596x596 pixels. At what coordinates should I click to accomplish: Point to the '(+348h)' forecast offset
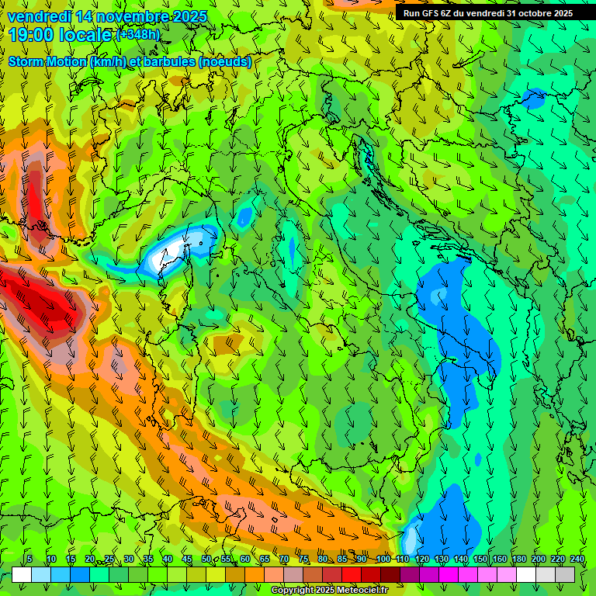coord(138,35)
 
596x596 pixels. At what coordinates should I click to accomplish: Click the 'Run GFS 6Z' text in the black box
coord(428,12)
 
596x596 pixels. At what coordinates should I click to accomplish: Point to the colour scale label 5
coord(29,559)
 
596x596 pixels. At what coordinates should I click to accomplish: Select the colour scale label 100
coord(383,559)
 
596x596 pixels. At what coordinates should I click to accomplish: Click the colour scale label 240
coord(577,559)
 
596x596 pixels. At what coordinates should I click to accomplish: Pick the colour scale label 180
coord(518,559)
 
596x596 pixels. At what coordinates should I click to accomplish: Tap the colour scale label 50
coord(206,559)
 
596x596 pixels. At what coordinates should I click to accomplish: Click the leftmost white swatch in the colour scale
coord(22,574)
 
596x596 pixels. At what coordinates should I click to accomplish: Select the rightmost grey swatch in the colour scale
coord(565,574)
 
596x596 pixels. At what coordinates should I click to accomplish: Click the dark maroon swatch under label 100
coord(390,574)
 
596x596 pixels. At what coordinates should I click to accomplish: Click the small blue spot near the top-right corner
coord(534,98)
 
